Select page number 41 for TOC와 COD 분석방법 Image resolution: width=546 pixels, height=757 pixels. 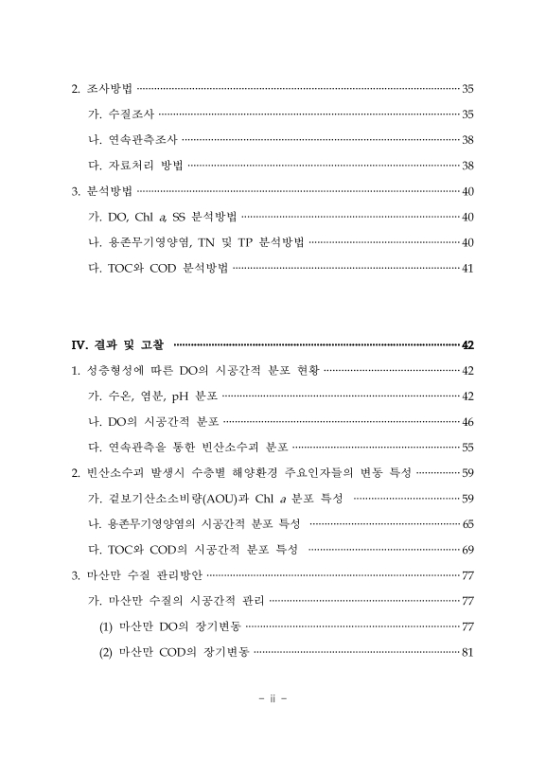point(467,268)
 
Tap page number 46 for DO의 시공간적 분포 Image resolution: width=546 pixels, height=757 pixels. point(467,421)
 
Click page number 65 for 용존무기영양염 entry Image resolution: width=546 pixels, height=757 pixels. point(467,523)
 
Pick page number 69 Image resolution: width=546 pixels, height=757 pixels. point(467,549)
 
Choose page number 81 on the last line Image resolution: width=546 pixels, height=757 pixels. point(467,651)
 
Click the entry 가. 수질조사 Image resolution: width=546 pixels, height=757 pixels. point(120,114)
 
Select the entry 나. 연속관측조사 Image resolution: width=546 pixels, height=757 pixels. point(132,140)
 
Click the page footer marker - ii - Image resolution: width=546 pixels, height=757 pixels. point(272,700)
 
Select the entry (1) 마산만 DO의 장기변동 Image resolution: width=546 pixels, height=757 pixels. point(169,625)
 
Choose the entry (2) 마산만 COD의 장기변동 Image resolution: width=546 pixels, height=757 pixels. point(174,651)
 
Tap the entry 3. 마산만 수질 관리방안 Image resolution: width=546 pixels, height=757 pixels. point(137,574)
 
